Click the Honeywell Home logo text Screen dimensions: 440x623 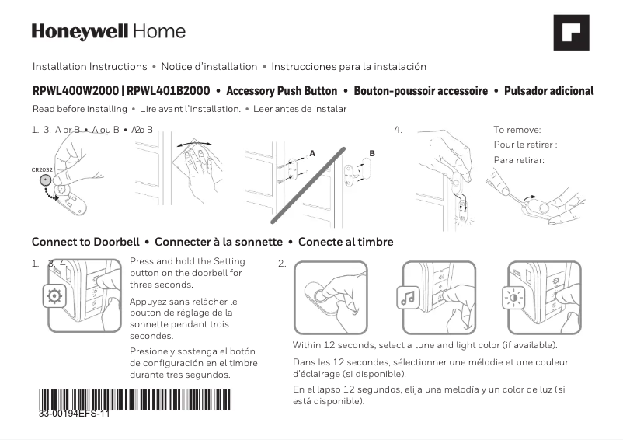(x=109, y=32)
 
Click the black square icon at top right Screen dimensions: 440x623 (x=570, y=33)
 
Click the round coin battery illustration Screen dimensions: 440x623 (x=46, y=180)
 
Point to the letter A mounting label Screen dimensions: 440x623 (x=312, y=153)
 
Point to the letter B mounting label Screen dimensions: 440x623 (x=372, y=153)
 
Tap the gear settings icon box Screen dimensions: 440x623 (x=54, y=296)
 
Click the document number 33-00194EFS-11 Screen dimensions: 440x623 (x=75, y=414)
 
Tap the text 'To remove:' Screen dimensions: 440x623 (x=517, y=130)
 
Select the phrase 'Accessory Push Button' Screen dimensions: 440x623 (x=279, y=91)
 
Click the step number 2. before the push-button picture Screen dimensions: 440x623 (x=282, y=264)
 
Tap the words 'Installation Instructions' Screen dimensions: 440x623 (x=89, y=67)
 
